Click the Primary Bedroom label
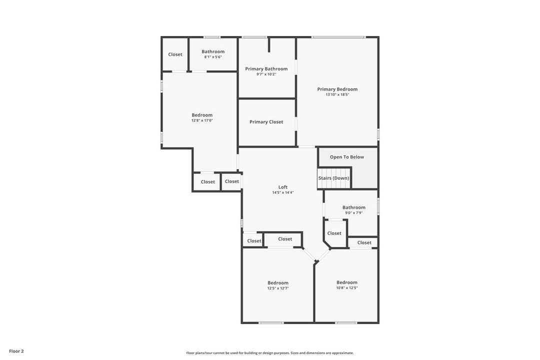pos(337,89)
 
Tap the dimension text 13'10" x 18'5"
pos(337,94)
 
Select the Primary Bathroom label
pos(266,68)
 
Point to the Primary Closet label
pos(266,121)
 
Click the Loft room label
pos(283,187)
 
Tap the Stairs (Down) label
pos(334,178)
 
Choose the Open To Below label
pos(347,157)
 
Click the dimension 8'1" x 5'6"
pos(213,57)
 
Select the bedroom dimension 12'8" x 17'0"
pos(202,120)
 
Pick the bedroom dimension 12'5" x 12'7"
pos(278,288)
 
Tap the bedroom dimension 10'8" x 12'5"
pos(347,287)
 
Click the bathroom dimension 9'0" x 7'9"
pos(354,213)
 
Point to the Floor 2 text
pos(16,351)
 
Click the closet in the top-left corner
pos(175,54)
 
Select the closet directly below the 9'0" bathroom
pos(334,233)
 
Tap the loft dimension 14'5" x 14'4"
pos(283,192)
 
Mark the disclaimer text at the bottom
pos(270,353)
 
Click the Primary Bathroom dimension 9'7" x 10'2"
pos(266,74)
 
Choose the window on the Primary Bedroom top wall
pos(338,37)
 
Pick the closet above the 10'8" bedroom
pos(364,242)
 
